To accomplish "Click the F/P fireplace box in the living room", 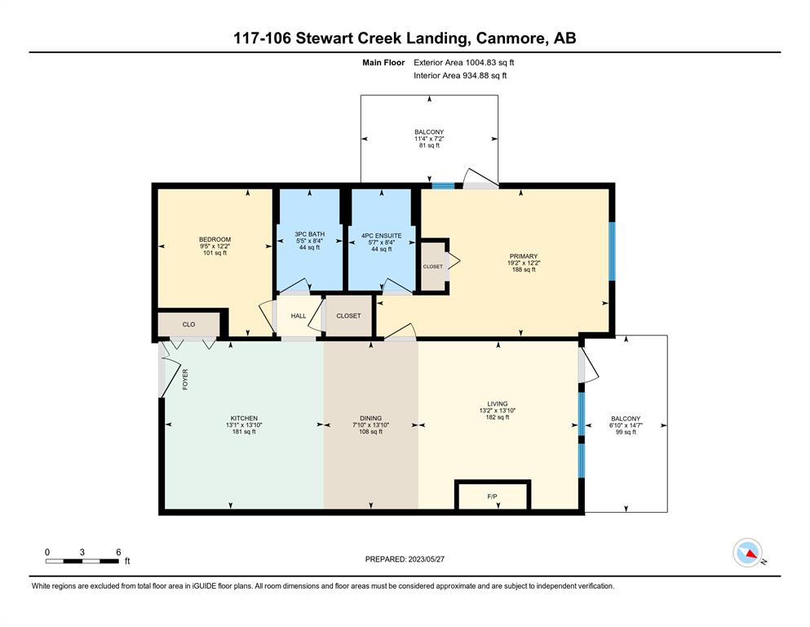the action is click(493, 496).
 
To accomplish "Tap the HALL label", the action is click(299, 316).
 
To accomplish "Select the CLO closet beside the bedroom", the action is click(188, 324).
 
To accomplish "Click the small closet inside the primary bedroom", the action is click(433, 266).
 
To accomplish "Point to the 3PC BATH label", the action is click(309, 234).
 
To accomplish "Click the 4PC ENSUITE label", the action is click(381, 236).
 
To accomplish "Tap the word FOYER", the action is click(185, 379).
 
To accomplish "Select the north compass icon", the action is click(747, 553).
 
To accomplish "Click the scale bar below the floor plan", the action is click(82, 561).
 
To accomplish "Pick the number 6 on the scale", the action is click(118, 552).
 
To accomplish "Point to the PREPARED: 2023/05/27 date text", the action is click(405, 558).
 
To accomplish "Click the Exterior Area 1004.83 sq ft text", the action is click(464, 63).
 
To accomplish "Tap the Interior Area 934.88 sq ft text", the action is click(460, 75).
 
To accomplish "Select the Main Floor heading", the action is click(383, 63).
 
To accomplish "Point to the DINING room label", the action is click(371, 418).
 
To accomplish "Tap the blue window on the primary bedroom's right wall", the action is click(612, 251).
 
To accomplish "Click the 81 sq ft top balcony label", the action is click(429, 146).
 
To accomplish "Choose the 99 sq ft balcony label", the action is click(626, 432).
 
